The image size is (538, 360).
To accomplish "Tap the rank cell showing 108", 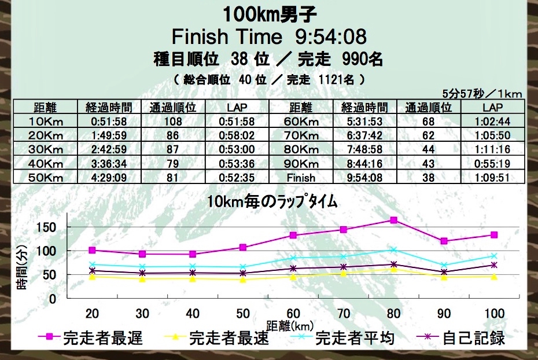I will [x=173, y=122].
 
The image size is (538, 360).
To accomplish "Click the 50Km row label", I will [x=45, y=178].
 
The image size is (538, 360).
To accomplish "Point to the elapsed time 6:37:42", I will [x=365, y=135].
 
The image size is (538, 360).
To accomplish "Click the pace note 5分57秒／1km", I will [x=482, y=93].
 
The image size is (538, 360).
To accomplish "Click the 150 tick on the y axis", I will [x=45, y=226].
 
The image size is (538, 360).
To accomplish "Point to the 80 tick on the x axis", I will [x=393, y=313].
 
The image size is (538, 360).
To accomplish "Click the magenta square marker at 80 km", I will [x=393, y=220].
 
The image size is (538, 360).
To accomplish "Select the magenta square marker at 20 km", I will [x=91, y=250].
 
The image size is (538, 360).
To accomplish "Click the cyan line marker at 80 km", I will [x=393, y=249].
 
